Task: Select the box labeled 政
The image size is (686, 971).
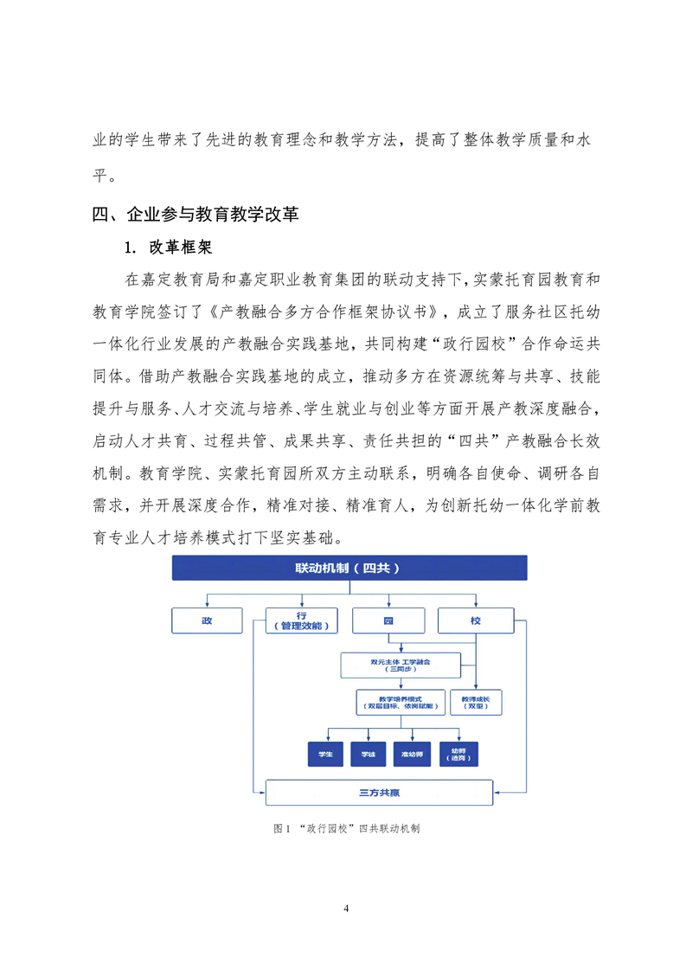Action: [207, 621]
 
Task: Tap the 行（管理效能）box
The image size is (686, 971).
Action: [300, 621]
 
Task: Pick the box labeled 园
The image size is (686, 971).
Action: [388, 621]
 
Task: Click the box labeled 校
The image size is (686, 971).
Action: [475, 621]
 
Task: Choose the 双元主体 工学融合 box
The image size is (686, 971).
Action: [400, 665]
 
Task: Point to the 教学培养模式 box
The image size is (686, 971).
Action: [400, 702]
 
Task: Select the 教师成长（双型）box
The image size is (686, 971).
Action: [475, 702]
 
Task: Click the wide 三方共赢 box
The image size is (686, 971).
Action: [378, 793]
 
